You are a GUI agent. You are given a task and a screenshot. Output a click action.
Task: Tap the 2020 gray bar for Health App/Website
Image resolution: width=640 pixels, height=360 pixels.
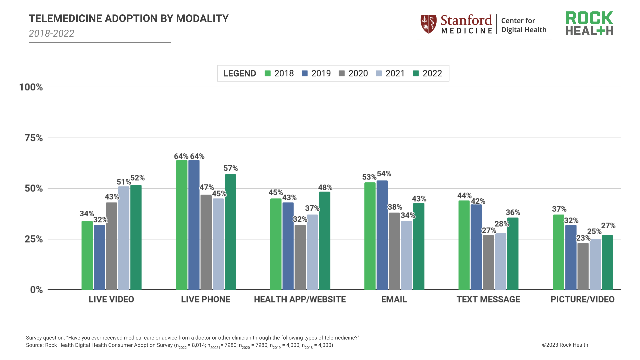[x=300, y=257]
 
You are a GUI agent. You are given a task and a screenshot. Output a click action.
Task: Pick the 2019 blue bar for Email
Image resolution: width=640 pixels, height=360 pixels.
[x=382, y=235]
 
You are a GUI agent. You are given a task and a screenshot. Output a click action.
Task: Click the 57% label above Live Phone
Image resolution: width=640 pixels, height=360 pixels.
[x=231, y=168]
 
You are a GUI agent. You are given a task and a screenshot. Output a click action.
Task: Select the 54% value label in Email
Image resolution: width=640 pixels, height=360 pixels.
[x=384, y=174]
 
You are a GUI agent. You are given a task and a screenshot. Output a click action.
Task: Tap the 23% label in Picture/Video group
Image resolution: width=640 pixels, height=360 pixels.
[x=583, y=238]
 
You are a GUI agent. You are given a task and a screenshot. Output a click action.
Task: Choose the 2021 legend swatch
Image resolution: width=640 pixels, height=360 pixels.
[x=379, y=73]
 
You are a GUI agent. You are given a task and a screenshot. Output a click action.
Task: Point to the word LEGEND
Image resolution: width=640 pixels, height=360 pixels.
[x=239, y=73]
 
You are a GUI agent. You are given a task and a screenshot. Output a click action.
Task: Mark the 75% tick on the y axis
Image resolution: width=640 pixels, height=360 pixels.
[x=34, y=138]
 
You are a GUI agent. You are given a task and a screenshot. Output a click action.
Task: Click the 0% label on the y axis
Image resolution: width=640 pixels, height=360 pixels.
[x=36, y=290]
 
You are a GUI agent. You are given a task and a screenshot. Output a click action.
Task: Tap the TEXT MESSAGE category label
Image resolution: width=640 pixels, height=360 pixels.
[x=488, y=299]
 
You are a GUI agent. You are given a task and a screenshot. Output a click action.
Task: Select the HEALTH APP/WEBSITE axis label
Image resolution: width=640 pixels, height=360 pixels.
[x=300, y=299]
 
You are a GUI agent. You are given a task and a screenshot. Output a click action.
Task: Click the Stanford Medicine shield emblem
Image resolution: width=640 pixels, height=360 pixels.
[x=428, y=24]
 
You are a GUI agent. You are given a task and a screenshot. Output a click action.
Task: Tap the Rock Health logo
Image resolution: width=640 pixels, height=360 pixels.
[x=589, y=23]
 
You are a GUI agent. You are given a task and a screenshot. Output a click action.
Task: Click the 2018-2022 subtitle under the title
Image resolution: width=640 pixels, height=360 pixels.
[x=51, y=33]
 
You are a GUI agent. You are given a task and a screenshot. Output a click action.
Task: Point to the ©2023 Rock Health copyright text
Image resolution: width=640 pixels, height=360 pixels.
[x=565, y=345]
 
